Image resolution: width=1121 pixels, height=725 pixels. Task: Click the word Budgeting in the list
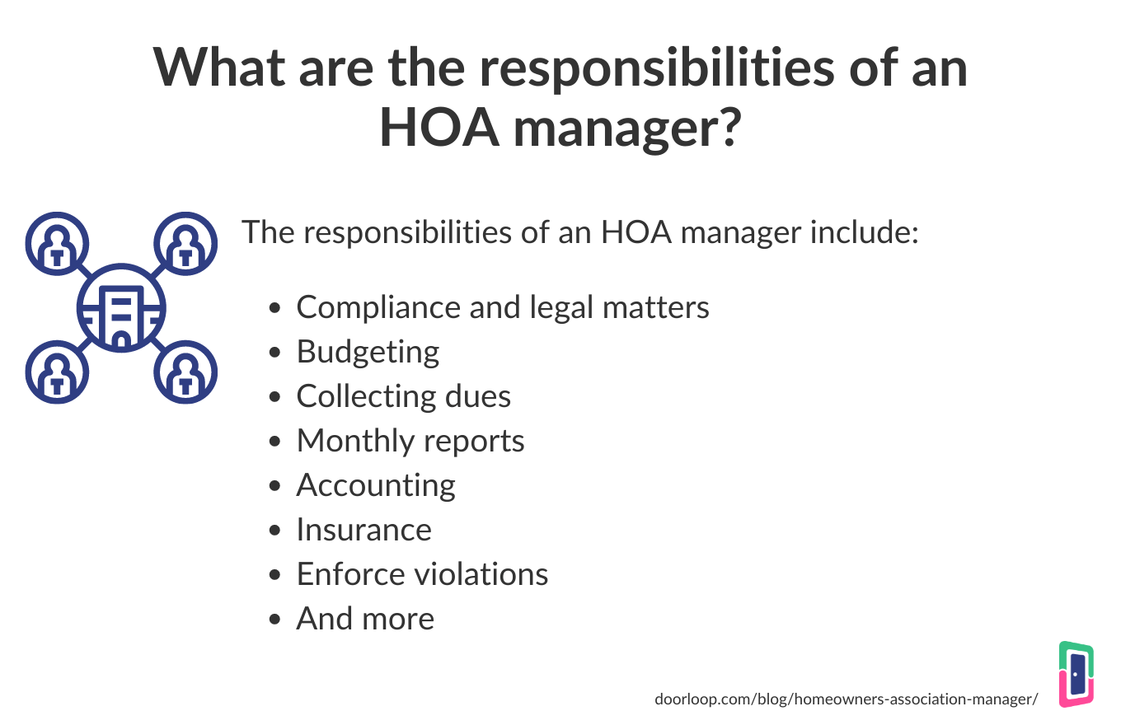368,353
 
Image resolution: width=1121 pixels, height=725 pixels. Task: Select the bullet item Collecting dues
403,396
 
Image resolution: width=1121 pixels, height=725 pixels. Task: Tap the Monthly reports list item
410,441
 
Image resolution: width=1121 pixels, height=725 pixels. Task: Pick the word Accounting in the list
375,485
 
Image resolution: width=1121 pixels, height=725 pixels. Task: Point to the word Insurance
364,529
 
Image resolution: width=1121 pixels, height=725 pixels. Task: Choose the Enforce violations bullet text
422,573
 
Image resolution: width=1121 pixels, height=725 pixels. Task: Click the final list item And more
364,618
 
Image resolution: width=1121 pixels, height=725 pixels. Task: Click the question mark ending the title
721,129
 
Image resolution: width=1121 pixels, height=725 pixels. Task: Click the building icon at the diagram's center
121,309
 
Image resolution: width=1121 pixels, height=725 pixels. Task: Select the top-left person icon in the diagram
57,244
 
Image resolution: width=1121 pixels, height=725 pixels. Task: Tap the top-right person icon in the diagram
185,244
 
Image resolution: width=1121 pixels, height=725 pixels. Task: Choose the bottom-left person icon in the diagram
57,372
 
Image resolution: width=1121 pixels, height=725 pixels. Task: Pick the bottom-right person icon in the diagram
185,372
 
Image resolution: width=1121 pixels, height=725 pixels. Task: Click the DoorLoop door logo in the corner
1076,674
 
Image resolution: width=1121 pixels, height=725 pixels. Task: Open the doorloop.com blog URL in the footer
846,699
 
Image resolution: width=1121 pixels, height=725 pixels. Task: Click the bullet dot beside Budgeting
277,353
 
